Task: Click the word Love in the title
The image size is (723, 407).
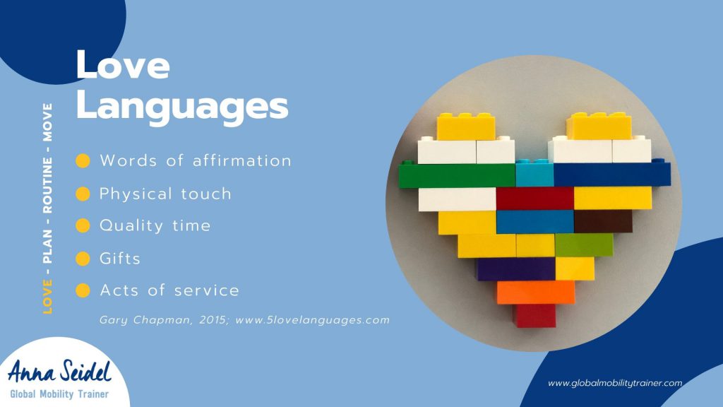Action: [123, 64]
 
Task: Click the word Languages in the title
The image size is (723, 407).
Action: [182, 107]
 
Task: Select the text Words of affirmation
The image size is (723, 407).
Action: [196, 160]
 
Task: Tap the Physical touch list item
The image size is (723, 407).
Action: [165, 194]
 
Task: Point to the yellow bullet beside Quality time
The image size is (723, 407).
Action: [83, 225]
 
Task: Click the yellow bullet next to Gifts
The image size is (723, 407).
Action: [83, 259]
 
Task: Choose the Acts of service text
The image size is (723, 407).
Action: [169, 290]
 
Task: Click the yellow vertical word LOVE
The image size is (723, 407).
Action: [47, 297]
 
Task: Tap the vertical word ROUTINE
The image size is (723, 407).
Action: [47, 186]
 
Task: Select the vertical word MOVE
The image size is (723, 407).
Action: [47, 122]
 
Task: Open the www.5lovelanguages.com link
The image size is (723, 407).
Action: [313, 320]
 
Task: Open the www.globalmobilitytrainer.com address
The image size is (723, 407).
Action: [615, 383]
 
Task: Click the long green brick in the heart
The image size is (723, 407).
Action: [457, 175]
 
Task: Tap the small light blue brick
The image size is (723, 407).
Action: [534, 173]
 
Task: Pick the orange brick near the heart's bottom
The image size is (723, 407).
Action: [536, 293]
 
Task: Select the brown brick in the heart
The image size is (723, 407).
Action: [603, 221]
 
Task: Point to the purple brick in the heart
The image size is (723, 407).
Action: [515, 269]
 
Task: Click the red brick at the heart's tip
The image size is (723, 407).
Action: [535, 316]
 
